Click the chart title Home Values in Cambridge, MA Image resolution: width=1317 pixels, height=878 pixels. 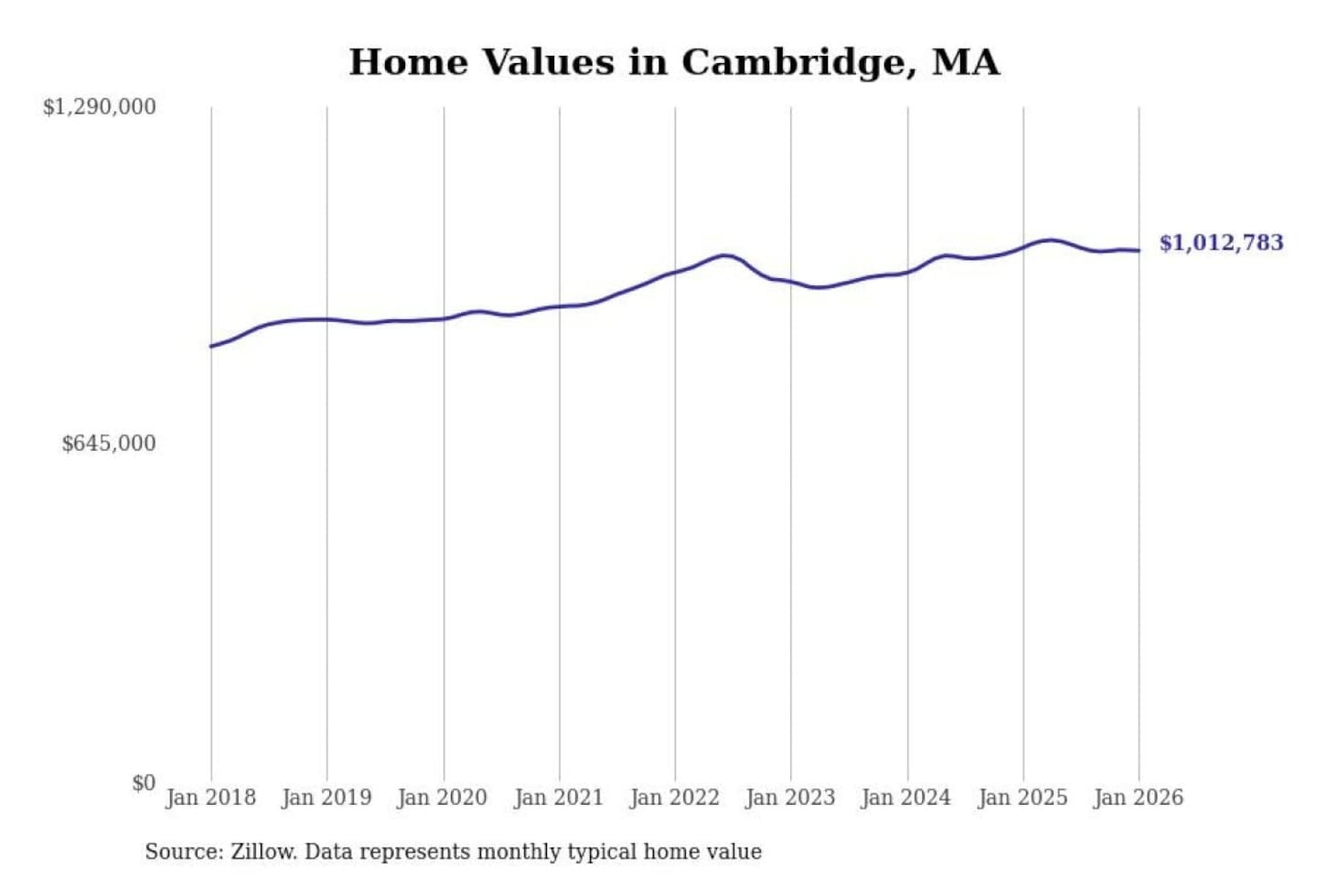click(x=674, y=62)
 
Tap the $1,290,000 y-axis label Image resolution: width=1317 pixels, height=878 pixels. click(x=100, y=107)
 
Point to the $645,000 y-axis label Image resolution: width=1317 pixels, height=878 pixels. click(x=109, y=444)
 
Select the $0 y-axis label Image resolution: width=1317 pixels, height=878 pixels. click(x=144, y=783)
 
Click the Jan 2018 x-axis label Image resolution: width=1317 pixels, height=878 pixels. click(x=210, y=798)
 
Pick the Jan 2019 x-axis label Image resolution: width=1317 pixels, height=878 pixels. click(x=327, y=798)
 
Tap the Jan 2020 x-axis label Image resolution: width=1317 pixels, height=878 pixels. click(x=443, y=798)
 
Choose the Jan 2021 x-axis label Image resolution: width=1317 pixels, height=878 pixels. click(x=559, y=798)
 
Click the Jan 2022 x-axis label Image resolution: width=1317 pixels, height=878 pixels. click(x=675, y=798)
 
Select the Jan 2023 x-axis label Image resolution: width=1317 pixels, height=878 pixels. click(x=791, y=798)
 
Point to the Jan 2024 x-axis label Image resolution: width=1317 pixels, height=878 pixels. click(x=906, y=798)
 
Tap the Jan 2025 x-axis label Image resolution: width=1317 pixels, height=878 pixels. click(x=1023, y=798)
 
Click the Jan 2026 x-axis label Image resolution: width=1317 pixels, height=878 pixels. click(x=1139, y=798)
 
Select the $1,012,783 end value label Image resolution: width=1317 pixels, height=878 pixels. click(x=1221, y=242)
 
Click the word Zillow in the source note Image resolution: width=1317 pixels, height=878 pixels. click(x=262, y=851)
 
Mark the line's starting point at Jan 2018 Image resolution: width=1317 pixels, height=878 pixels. click(x=211, y=346)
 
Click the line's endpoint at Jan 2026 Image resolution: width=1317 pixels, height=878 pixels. click(x=1139, y=251)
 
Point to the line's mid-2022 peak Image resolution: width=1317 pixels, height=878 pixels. click(x=725, y=255)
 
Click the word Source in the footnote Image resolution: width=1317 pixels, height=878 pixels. click(x=182, y=851)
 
